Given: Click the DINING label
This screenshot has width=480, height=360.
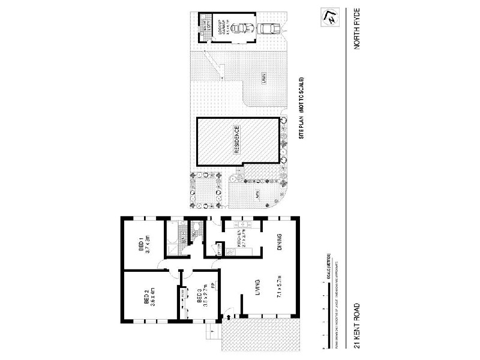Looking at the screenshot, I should [x=280, y=244].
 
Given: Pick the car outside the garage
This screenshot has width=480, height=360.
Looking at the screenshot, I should [x=270, y=28].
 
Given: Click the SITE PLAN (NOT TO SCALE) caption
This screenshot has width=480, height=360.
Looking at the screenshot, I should [x=302, y=109].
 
